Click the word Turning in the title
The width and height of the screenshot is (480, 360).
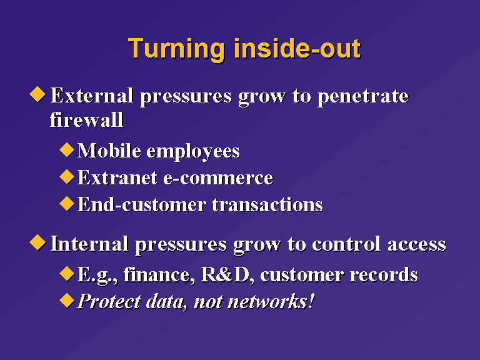177,49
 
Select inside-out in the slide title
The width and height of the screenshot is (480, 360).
297,48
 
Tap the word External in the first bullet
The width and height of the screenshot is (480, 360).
92,95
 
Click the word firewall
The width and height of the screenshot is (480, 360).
87,119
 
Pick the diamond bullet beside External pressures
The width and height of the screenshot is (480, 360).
37,94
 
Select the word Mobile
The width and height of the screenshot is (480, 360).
109,151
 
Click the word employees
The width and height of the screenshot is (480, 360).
193,152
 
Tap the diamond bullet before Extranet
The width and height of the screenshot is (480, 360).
67,176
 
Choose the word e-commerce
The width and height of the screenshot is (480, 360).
218,178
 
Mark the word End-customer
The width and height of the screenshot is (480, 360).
142,204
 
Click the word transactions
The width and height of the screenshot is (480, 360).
267,204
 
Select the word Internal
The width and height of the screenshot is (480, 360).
89,244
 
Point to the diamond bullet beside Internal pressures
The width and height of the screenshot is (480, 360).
37,242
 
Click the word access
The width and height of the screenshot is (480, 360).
417,246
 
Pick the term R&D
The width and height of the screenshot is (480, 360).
225,274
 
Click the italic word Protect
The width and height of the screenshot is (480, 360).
109,301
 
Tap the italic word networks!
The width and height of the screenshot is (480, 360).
271,301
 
